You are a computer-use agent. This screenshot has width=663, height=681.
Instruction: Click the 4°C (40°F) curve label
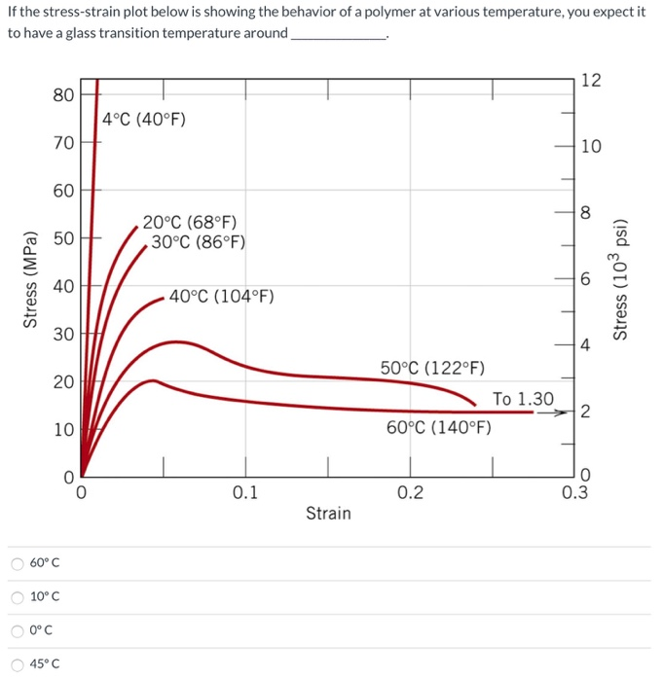[x=144, y=120]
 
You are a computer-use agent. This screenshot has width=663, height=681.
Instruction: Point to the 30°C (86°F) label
[x=198, y=242]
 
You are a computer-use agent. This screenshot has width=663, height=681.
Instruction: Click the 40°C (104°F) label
[x=221, y=297]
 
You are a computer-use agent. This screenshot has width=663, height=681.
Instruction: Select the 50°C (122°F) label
[x=426, y=369]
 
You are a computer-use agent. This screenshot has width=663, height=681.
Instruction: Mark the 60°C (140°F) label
[x=438, y=429]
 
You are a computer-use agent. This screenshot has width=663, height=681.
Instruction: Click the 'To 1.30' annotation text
[x=523, y=399]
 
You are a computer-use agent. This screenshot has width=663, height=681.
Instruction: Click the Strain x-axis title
[x=328, y=513]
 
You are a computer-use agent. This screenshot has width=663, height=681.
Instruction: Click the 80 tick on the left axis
[x=63, y=94]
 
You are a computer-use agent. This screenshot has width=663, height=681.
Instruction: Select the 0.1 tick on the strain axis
[x=245, y=493]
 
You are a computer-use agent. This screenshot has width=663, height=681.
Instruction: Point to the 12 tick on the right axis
[x=590, y=81]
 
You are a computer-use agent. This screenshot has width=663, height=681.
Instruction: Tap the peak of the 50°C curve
[x=175, y=341]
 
